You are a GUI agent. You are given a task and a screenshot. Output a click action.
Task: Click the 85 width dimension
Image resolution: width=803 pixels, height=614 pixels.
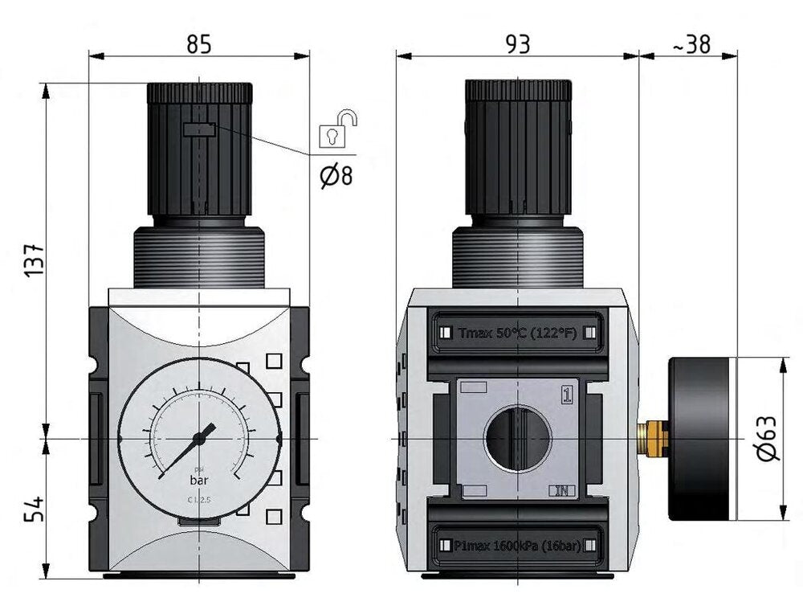point(198,44)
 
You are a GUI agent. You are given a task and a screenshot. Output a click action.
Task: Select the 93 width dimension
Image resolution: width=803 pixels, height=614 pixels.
point(519,44)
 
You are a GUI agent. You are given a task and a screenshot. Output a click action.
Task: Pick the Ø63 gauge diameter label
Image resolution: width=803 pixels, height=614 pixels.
point(768,438)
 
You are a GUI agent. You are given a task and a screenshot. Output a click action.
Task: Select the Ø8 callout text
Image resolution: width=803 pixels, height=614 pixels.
point(336,175)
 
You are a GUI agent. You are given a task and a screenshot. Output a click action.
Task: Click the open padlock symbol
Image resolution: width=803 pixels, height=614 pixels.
point(337,131)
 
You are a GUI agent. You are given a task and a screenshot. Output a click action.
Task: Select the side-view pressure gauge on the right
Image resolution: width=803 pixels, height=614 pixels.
point(703,438)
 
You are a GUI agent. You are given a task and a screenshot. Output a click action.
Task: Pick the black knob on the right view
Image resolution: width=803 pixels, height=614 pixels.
point(519,149)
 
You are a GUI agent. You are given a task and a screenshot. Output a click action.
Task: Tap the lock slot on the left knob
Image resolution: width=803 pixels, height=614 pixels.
point(198,129)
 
